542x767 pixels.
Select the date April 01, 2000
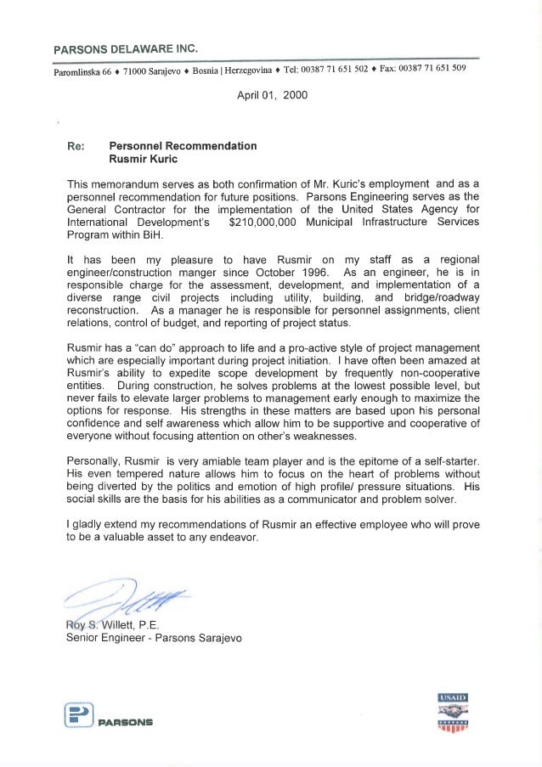tap(271, 95)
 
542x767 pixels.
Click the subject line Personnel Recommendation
tap(183, 145)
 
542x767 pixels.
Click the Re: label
tap(76, 145)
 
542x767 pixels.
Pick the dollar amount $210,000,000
tap(272, 222)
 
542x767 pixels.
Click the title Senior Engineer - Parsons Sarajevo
tap(154, 638)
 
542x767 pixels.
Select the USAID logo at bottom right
tap(453, 712)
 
